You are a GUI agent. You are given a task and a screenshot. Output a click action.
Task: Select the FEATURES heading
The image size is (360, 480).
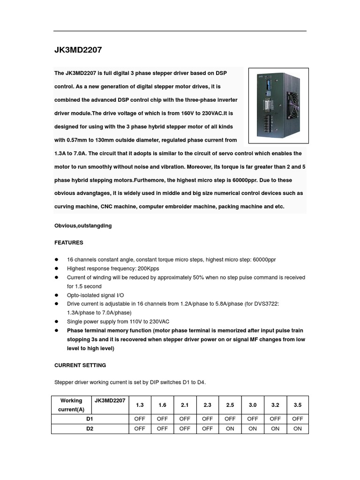pos(69,243)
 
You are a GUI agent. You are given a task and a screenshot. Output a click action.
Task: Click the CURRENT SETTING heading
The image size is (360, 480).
pos(80,365)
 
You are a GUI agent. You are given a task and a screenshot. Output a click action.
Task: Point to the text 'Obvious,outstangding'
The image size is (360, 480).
pos(83,225)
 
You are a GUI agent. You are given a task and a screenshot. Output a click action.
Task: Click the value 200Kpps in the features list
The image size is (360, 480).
pos(147,269)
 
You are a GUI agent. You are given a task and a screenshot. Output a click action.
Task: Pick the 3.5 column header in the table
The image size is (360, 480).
pos(297,405)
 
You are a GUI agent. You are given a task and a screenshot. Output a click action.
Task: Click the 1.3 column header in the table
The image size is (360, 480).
pos(140,405)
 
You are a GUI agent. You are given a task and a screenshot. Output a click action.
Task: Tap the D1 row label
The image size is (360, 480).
pos(90,419)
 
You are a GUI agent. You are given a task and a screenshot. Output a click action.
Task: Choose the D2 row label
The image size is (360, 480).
pos(90,428)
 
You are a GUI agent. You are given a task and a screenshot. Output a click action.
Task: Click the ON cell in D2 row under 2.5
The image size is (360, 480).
pos(230,428)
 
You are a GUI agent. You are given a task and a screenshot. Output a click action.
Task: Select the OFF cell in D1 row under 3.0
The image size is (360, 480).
pos(252,419)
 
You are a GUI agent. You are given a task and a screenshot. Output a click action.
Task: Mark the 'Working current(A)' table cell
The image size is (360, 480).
pos(71,405)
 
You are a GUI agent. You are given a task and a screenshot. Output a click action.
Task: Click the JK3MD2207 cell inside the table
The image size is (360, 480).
pos(110,401)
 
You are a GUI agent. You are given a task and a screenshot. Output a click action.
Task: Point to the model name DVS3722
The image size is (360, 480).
pos(266,304)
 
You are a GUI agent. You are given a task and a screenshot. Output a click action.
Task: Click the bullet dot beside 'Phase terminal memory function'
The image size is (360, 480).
pos(57,330)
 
